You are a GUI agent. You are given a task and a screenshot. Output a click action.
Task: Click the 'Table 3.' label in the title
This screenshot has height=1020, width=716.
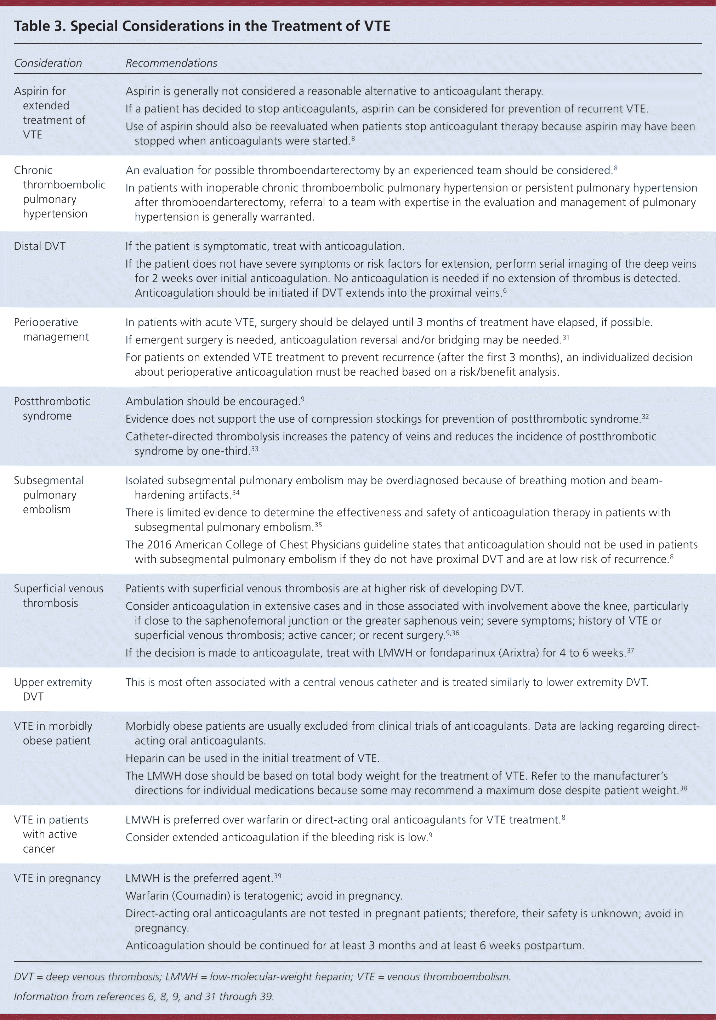point(40,26)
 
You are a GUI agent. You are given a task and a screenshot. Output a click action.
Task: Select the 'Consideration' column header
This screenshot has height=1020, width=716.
point(48,63)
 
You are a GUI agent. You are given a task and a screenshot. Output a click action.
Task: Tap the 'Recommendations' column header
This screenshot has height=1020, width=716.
point(171,63)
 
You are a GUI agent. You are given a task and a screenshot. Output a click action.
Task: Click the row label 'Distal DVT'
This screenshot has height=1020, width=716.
point(40,246)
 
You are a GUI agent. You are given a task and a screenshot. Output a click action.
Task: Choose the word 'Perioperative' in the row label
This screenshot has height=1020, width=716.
point(46,322)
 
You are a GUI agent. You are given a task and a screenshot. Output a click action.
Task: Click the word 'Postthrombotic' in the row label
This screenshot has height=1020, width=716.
point(52,401)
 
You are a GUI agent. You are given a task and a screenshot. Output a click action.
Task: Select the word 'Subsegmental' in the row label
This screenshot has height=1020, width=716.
point(49,480)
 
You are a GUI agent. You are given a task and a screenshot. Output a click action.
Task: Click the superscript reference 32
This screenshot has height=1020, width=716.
point(645,417)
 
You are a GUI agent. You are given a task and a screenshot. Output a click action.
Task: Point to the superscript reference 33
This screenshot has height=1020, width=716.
point(255,449)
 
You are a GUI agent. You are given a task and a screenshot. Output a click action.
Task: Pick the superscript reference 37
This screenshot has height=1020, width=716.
point(630,651)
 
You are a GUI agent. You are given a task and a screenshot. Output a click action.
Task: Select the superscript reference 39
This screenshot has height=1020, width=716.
point(278,876)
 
